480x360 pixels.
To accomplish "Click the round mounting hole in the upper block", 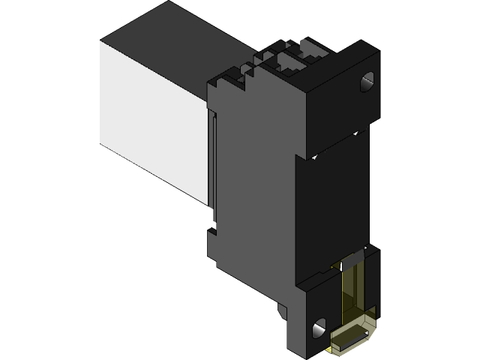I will (x=367, y=82).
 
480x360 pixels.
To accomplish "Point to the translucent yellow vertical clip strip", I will (x=351, y=292).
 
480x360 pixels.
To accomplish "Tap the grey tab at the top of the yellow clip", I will (x=352, y=263).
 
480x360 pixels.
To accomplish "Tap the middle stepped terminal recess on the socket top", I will (x=289, y=61).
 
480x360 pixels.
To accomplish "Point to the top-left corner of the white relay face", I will (x=101, y=42).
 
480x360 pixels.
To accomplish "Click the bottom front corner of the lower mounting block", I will (x=307, y=355).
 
